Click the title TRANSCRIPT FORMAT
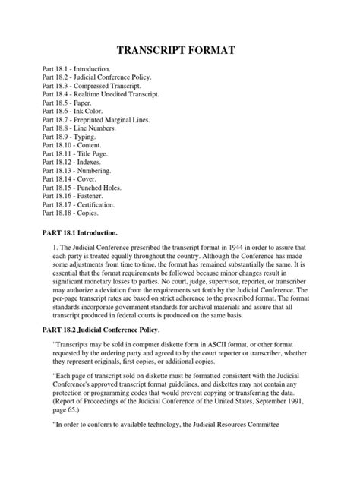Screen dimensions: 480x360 click(180, 51)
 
